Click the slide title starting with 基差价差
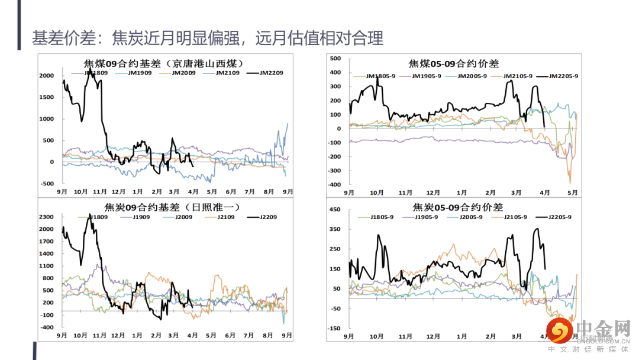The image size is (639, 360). click(x=208, y=38)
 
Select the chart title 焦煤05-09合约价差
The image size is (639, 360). click(x=454, y=64)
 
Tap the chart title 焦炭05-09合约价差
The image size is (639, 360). click(x=457, y=207)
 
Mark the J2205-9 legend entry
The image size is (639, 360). click(x=559, y=217)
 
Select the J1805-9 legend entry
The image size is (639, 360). click(x=382, y=217)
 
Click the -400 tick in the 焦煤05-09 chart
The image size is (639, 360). click(x=334, y=185)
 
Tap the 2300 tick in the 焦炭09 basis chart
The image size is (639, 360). click(x=47, y=217)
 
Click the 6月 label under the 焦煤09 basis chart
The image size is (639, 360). click(x=231, y=192)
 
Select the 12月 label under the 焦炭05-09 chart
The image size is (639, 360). click(x=433, y=336)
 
